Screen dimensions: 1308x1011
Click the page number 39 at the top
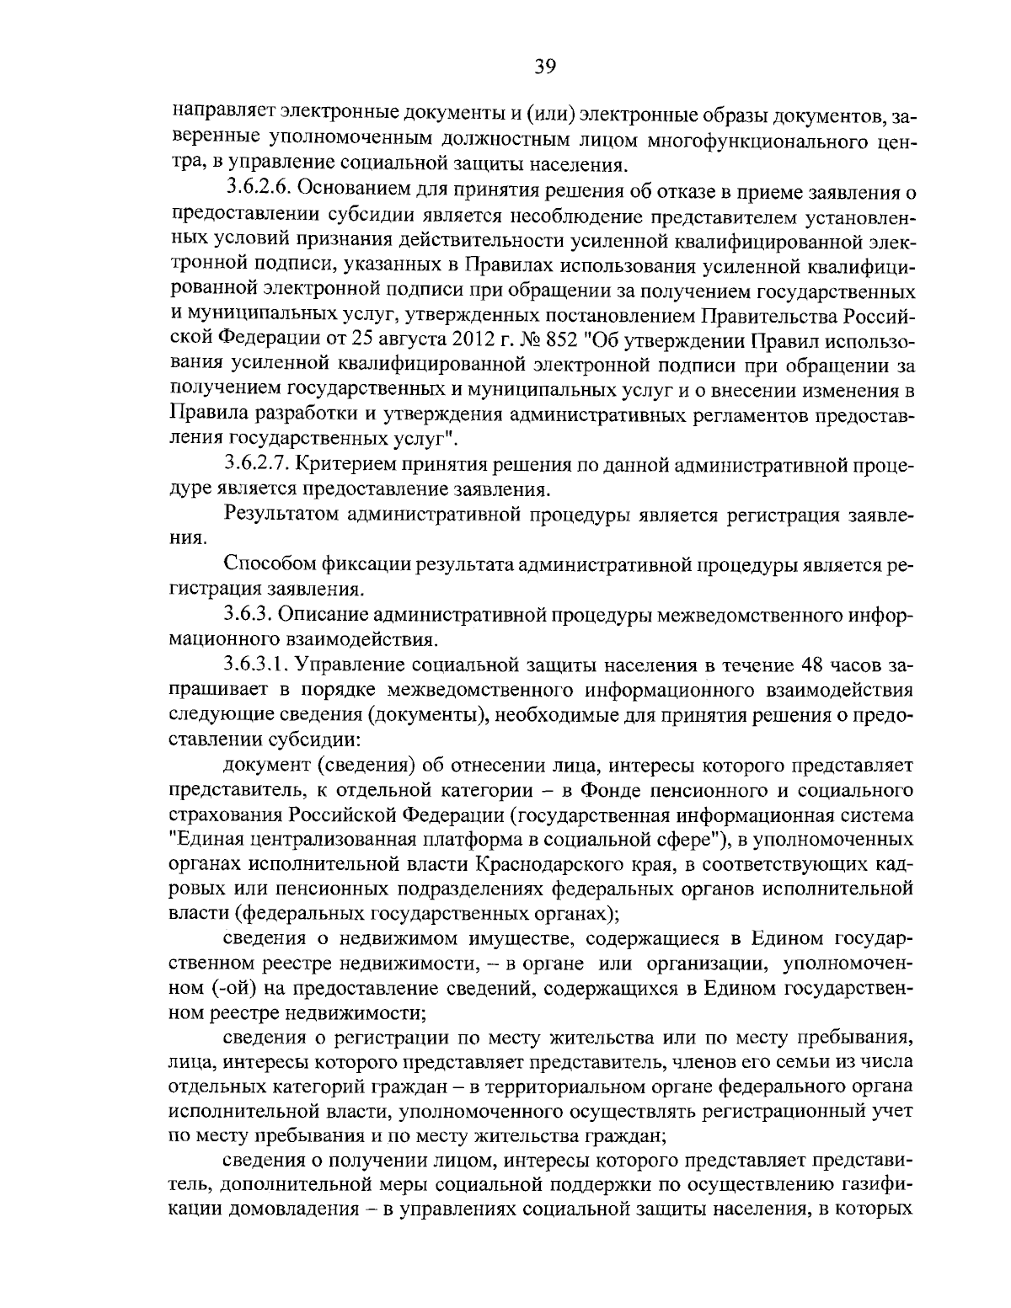[x=544, y=67]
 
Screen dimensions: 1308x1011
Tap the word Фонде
[x=621, y=790]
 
